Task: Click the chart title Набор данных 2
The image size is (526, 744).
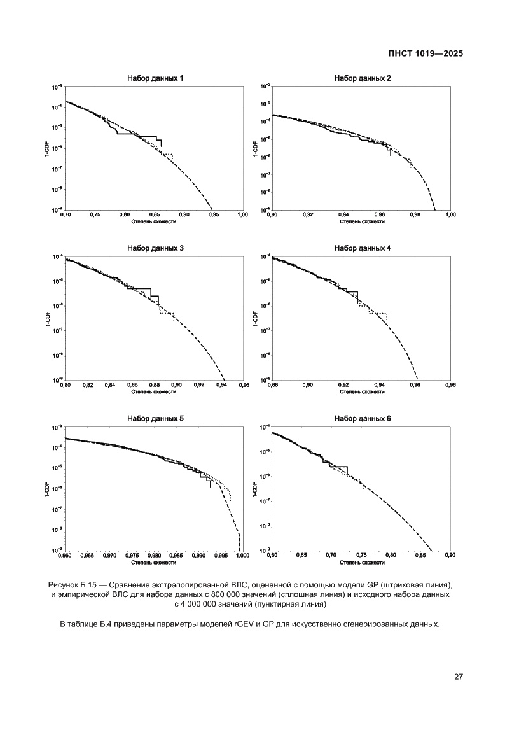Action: point(363,78)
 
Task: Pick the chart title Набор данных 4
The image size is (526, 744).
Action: point(363,248)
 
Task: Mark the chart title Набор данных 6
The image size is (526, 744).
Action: point(363,418)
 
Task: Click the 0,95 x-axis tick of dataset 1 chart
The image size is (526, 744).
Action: point(213,215)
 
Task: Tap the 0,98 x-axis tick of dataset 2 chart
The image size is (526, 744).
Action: point(415,215)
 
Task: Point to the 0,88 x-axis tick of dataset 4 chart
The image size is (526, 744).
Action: point(272,385)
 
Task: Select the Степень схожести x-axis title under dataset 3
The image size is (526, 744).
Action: point(153,392)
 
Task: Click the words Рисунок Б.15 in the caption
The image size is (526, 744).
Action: point(72,584)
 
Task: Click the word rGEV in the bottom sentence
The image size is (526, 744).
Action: point(230,624)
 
